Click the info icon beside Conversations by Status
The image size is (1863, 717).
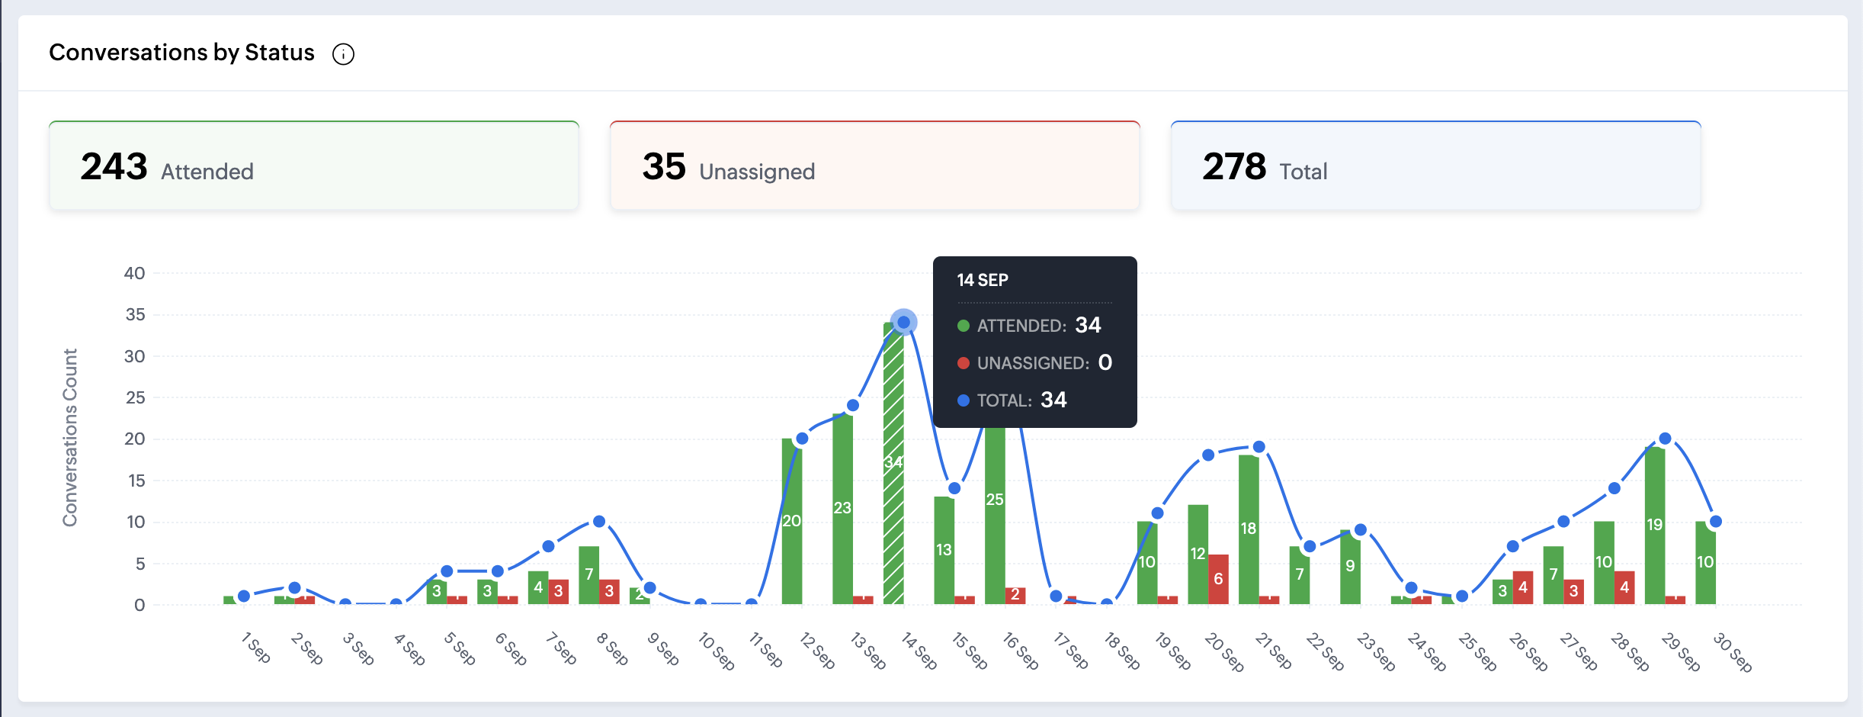pyautogui.click(x=343, y=54)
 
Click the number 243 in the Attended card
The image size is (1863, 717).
pyautogui.click(x=114, y=166)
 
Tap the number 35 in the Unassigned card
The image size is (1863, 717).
pyautogui.click(x=664, y=166)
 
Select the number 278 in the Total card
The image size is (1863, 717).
pyautogui.click(x=1234, y=166)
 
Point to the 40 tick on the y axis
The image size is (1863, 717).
pyautogui.click(x=134, y=273)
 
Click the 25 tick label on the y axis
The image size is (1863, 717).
pyautogui.click(x=135, y=397)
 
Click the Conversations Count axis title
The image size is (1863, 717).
pyautogui.click(x=70, y=437)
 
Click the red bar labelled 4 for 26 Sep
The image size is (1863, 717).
pyautogui.click(x=1523, y=587)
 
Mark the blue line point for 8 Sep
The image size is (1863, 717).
pyautogui.click(x=599, y=522)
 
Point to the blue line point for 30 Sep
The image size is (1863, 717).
pyautogui.click(x=1716, y=522)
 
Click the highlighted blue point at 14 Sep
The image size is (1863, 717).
pyautogui.click(x=903, y=323)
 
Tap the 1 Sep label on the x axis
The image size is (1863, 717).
pyautogui.click(x=256, y=648)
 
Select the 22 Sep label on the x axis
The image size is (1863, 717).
pyautogui.click(x=1325, y=651)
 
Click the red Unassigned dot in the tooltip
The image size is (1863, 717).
pyautogui.click(x=964, y=363)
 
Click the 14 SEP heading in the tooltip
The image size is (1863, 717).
pyautogui.click(x=983, y=280)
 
